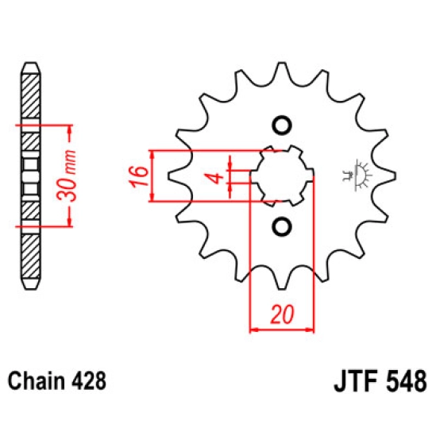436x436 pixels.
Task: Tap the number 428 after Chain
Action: (x=88, y=380)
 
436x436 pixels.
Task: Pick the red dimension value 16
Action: (x=137, y=174)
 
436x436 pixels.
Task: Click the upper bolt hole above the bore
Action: (x=280, y=125)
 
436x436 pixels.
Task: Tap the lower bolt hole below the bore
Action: (x=280, y=228)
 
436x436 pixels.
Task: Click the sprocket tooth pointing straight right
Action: (x=389, y=176)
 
